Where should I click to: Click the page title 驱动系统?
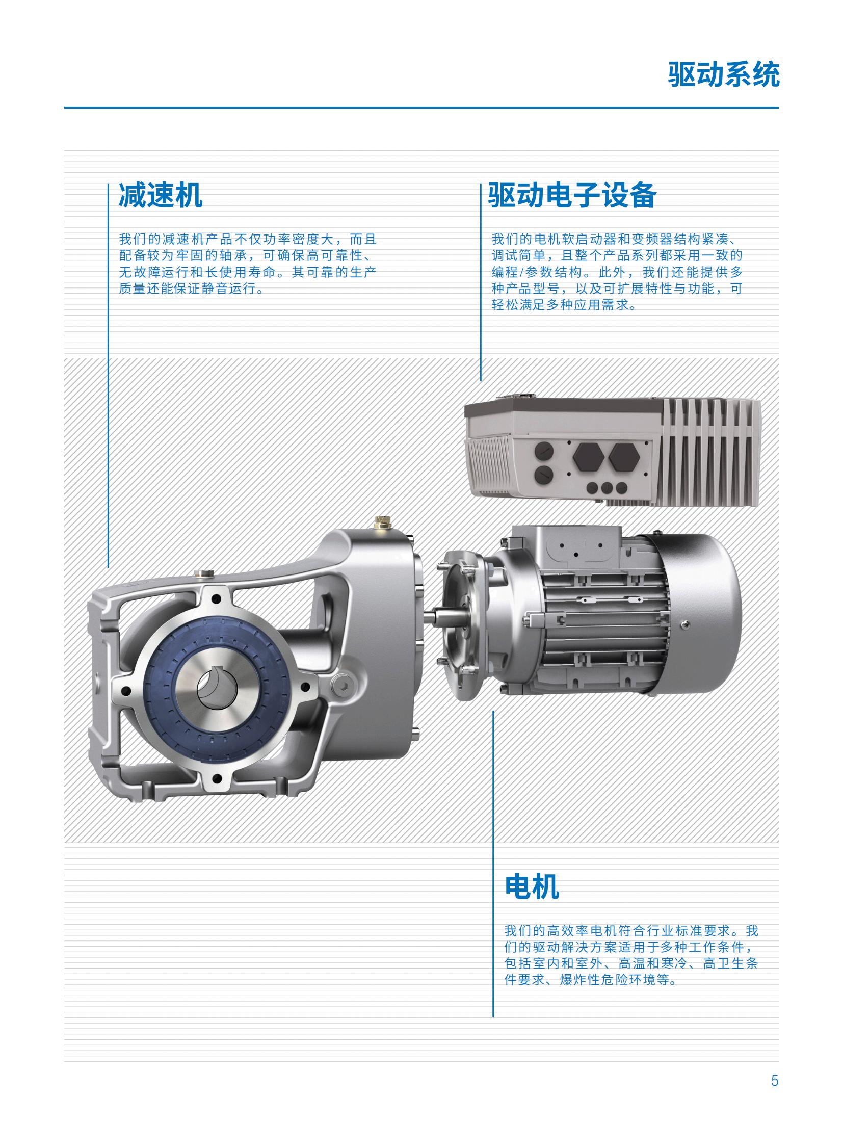(x=723, y=75)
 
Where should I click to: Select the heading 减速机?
(x=161, y=195)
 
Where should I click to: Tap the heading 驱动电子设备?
(x=572, y=195)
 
